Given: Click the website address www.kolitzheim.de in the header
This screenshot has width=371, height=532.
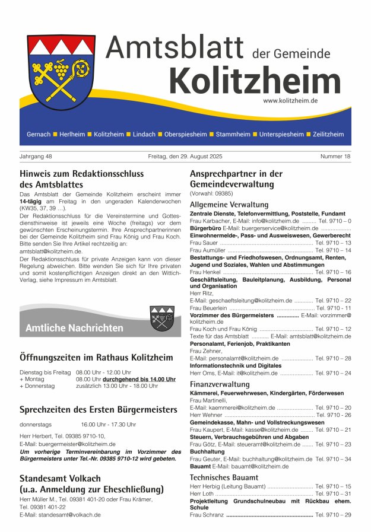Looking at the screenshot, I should point(290,101).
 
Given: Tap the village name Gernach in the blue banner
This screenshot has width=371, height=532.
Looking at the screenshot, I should point(39,135).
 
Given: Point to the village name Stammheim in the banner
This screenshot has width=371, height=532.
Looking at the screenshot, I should point(233,135).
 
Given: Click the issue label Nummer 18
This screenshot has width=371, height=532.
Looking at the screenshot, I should point(335,157).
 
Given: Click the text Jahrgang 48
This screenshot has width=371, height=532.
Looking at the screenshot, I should point(36,157).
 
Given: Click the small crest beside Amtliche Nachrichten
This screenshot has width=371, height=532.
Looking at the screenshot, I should point(161,318).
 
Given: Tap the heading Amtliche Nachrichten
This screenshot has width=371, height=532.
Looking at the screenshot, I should point(74,328).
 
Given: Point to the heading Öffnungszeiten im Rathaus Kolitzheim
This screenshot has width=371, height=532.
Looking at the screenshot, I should point(96,357).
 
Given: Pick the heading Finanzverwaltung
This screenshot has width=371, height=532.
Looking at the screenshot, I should point(220,384).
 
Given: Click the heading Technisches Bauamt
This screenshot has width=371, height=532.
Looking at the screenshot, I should point(224,477).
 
